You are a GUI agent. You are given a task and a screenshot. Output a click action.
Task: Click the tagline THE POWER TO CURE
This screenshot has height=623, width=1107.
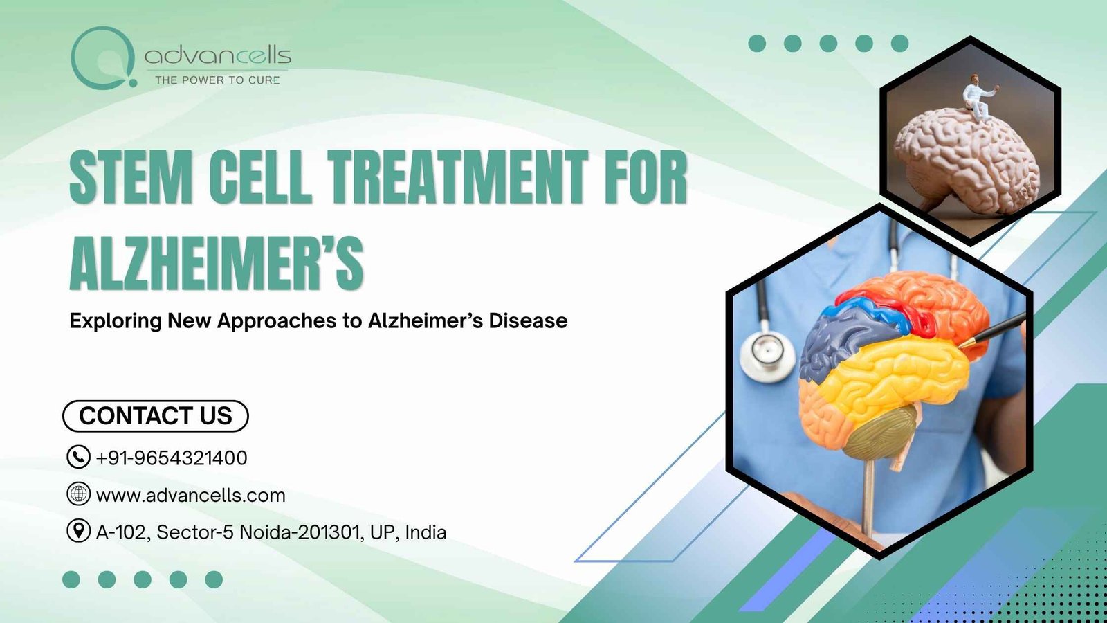tap(217, 80)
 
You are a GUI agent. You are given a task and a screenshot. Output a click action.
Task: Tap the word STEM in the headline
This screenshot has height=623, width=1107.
tap(131, 177)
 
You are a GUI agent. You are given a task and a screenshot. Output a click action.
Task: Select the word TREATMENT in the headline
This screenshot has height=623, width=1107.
tap(457, 177)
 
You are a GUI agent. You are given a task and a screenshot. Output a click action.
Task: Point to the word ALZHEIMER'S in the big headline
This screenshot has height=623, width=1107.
tap(217, 262)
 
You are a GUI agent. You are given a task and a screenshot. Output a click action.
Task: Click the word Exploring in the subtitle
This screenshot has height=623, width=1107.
tap(116, 321)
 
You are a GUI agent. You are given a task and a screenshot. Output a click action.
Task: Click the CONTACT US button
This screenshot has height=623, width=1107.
tap(155, 416)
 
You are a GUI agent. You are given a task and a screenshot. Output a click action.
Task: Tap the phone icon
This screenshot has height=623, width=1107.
tap(79, 457)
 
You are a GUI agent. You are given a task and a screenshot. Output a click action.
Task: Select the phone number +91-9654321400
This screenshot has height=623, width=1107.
tap(172, 458)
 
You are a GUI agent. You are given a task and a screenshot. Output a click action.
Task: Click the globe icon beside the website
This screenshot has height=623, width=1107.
tap(79, 494)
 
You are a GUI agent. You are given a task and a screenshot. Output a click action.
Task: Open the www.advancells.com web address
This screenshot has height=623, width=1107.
tap(191, 496)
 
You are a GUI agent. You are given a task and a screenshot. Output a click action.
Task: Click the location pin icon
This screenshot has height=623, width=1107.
tap(79, 531)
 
